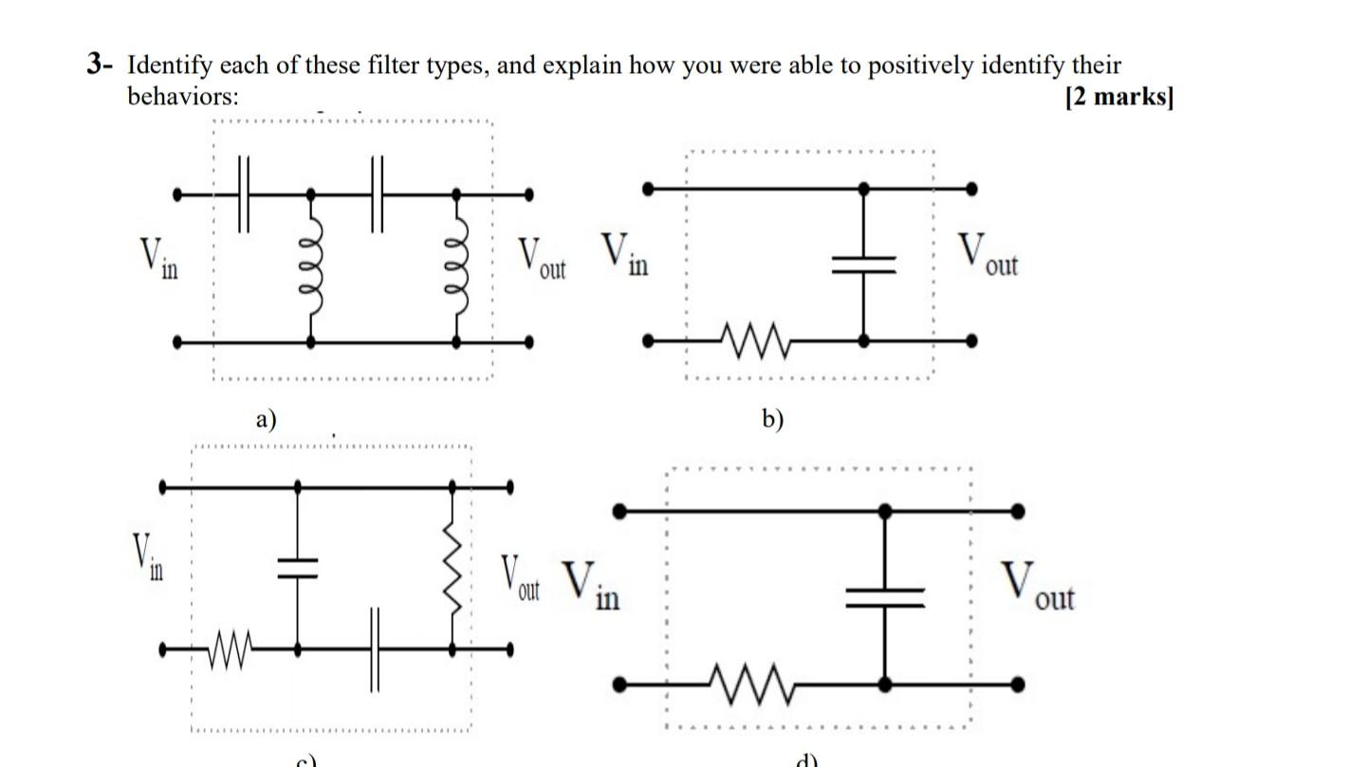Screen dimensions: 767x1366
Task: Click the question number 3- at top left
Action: (x=100, y=65)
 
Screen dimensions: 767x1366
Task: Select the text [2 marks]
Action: (x=1119, y=97)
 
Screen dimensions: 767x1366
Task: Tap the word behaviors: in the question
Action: (x=183, y=97)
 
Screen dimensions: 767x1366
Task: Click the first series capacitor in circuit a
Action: (x=243, y=194)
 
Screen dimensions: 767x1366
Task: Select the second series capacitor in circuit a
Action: (x=378, y=194)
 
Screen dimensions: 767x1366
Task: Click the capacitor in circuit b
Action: (x=863, y=265)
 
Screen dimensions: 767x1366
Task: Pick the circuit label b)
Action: (x=773, y=418)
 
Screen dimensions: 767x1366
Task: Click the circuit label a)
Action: (x=267, y=418)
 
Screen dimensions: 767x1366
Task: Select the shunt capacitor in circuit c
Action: (x=298, y=568)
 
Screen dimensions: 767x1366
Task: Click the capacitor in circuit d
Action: (x=884, y=596)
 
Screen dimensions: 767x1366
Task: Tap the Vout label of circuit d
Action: (x=1037, y=588)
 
